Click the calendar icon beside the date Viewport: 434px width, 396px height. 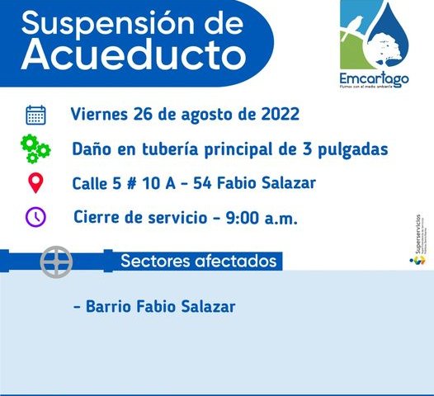pos(35,115)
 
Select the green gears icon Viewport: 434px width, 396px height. pos(35,149)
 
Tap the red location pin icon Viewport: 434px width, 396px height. pos(35,182)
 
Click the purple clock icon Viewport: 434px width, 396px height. pos(35,217)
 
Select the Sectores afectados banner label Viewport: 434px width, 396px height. pos(198,262)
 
